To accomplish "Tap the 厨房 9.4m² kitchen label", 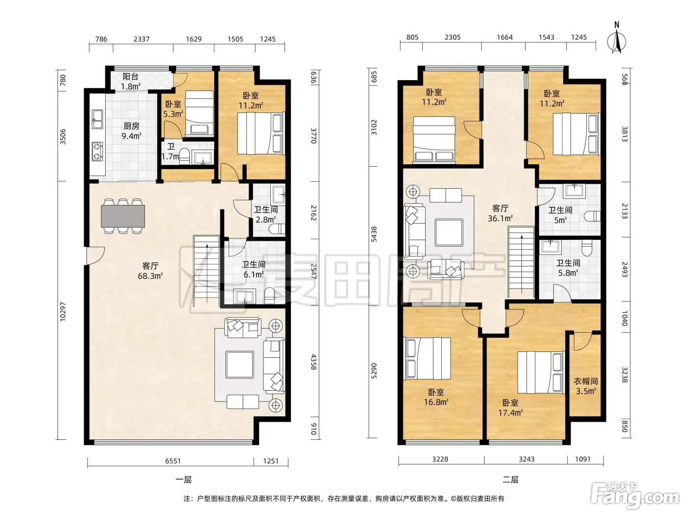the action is tap(131, 131).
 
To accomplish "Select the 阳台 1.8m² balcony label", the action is tap(131, 81).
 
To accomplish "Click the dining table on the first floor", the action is tap(122, 216).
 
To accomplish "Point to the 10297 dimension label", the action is tap(63, 312).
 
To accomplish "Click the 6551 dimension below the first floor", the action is tap(173, 461).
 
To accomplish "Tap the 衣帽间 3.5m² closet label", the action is tap(585, 386).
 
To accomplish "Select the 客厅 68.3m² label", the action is tap(150, 271).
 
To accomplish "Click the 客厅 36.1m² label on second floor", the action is tap(500, 213).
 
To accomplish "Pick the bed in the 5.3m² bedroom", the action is tap(199, 113).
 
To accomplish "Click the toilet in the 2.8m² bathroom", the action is tap(277, 229).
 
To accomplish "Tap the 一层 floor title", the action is tap(183, 480).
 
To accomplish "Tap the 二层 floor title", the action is tap(510, 480).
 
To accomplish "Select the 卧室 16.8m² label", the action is tap(436, 397).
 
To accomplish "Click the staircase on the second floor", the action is tap(521, 262).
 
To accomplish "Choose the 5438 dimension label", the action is tap(373, 234).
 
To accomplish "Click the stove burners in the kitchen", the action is tap(97, 151).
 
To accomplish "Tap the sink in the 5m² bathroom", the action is tap(574, 191).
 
